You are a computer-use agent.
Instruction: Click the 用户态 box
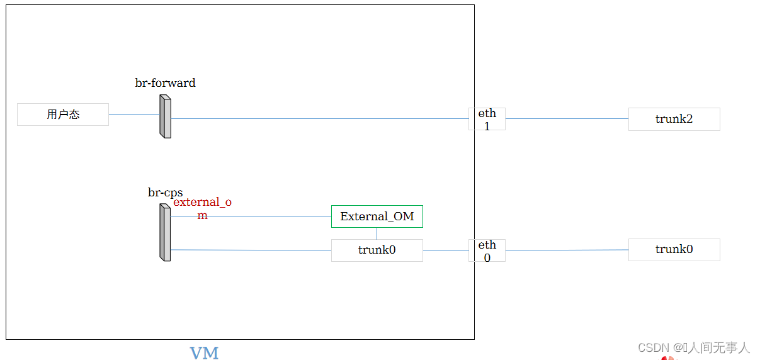63,115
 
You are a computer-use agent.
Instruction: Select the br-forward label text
165,83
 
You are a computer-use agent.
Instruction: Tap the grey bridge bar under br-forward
165,116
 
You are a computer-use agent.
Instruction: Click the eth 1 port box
487,119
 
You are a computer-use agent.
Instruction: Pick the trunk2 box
674,119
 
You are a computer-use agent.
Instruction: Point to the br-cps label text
165,193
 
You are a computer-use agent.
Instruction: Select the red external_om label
202,203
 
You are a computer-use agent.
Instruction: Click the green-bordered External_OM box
377,217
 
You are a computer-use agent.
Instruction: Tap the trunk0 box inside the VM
377,250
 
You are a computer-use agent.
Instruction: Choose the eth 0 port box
487,250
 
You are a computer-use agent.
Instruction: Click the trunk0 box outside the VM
674,250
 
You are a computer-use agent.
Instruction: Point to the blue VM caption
204,353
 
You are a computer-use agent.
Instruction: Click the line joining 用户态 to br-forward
133,115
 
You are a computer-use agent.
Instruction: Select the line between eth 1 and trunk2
567,118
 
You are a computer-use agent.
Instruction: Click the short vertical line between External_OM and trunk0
377,233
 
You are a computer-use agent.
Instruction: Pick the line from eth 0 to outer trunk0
567,250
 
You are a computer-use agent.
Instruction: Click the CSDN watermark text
693,347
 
